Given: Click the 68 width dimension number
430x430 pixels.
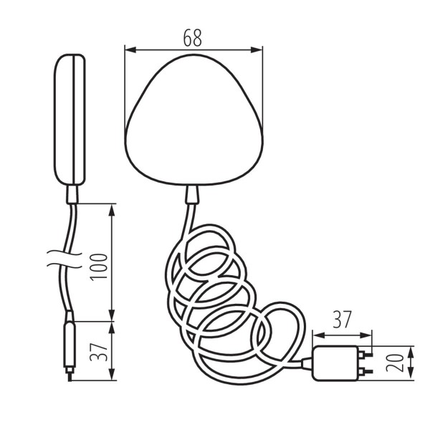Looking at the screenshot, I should coord(193,38).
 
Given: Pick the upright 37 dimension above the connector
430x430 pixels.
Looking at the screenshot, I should coord(343,320).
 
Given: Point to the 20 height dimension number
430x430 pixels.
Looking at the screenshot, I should coord(392,362).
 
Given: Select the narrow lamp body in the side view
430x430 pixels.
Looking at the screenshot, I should coord(71,118).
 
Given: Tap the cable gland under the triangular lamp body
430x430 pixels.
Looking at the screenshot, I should coord(192,193).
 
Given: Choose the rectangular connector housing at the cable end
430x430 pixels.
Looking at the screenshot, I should coord(336,362).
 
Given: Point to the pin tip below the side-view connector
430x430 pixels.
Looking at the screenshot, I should coord(68,375).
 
